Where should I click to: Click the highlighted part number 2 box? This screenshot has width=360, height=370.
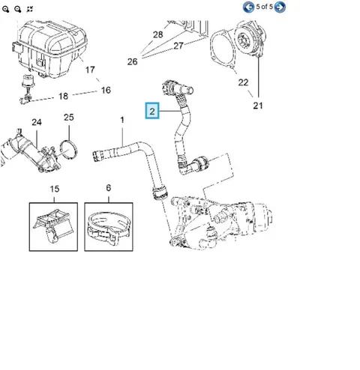tap(152, 110)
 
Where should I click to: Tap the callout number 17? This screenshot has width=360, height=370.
tap(90, 70)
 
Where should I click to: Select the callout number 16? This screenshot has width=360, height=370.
tap(106, 90)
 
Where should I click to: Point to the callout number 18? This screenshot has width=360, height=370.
tap(63, 96)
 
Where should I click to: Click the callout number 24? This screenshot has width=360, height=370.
tap(37, 122)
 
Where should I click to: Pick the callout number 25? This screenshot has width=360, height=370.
tap(69, 118)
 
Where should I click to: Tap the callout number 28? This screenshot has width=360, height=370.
tap(157, 34)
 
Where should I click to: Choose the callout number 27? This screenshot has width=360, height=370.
tap(178, 46)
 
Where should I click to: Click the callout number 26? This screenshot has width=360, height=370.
tap(132, 61)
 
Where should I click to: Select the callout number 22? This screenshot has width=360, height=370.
tap(243, 82)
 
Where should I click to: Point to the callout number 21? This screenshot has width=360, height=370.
tap(258, 106)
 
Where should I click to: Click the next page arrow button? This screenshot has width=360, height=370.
tap(280, 7)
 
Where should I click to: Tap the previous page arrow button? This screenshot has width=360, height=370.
tap(248, 7)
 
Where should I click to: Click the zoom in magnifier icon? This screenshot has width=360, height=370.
tap(5, 9)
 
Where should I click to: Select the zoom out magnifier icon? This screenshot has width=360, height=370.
tap(18, 9)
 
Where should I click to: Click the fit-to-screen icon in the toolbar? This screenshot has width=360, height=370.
tap(30, 9)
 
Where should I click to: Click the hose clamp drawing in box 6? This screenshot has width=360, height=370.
tap(108, 228)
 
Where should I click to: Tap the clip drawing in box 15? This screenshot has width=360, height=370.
tap(53, 226)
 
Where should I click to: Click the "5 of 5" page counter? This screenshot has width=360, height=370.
tap(264, 7)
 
